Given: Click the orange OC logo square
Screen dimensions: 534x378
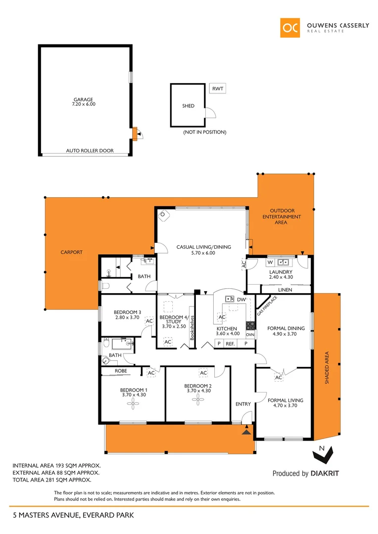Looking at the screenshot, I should point(290,28).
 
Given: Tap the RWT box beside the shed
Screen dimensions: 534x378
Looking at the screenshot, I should point(217,89).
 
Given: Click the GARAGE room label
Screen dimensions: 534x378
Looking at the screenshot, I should point(83,99).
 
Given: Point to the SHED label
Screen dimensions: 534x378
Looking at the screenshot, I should point(188,106).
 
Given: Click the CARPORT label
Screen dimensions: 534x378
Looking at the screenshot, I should point(71,252).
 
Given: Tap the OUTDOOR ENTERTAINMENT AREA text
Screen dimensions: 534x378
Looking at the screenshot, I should point(282,217).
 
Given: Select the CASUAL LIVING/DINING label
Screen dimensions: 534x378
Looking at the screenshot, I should point(204,247).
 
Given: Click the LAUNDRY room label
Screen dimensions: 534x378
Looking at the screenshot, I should point(281,272).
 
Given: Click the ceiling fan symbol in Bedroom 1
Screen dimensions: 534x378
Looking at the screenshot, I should point(133,404).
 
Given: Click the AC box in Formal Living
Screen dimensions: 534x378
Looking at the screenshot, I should point(278,378).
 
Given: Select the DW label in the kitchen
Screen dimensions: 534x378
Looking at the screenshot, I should point(241,300).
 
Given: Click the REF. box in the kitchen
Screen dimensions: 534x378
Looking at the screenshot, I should point(230,343).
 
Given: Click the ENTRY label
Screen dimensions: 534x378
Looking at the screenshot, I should point(243,404).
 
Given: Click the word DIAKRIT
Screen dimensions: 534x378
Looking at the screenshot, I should point(325,474).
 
